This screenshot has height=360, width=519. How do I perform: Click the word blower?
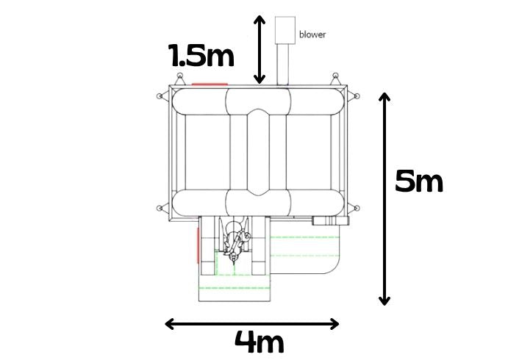coord(312,35)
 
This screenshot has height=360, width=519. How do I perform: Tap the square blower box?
coord(285,30)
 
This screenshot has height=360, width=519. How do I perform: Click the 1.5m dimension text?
coord(201,55)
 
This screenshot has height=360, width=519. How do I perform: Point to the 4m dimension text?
coord(259,342)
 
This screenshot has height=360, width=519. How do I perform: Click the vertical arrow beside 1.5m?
coord(259,49)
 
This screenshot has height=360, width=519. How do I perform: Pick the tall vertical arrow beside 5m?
coord(384,199)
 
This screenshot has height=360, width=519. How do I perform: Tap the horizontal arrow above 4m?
coord(251,324)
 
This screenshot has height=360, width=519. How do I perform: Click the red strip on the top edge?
coord(210,84)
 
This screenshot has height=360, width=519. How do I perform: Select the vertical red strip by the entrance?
coord(198,245)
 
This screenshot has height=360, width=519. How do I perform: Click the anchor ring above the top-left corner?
coord(179,75)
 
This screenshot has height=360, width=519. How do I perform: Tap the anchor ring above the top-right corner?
coord(335,75)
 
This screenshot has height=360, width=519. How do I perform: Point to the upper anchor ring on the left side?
coord(160,96)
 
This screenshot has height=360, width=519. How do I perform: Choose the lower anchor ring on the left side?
coord(160,208)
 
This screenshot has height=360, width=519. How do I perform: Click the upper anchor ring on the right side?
coord(357,96)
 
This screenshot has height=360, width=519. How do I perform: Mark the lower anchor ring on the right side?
coord(357,208)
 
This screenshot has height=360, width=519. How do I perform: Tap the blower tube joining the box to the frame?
coord(283,64)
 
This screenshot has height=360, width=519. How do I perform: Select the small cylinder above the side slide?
coord(330,220)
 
